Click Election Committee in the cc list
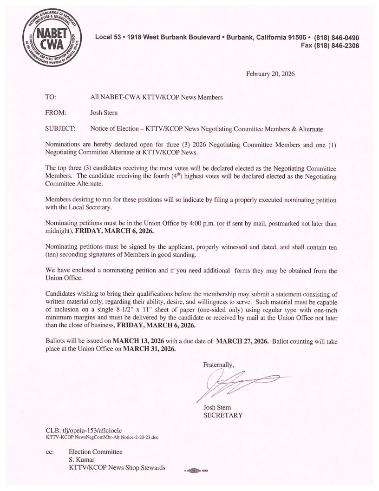96,451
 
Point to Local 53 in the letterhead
107,38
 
